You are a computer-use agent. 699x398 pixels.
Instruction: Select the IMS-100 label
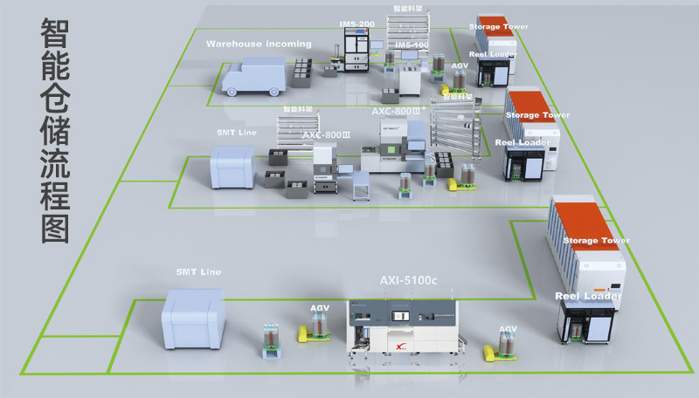pyautogui.click(x=412, y=45)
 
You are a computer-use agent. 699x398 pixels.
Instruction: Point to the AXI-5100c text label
pyautogui.click(x=408, y=280)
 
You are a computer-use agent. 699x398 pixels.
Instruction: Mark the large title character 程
pyautogui.click(x=55, y=185)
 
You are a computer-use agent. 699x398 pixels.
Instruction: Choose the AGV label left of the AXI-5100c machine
pyautogui.click(x=320, y=308)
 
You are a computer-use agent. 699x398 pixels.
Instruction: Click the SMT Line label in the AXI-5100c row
pyautogui.click(x=198, y=272)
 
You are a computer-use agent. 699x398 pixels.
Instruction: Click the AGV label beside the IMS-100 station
pyautogui.click(x=460, y=65)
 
